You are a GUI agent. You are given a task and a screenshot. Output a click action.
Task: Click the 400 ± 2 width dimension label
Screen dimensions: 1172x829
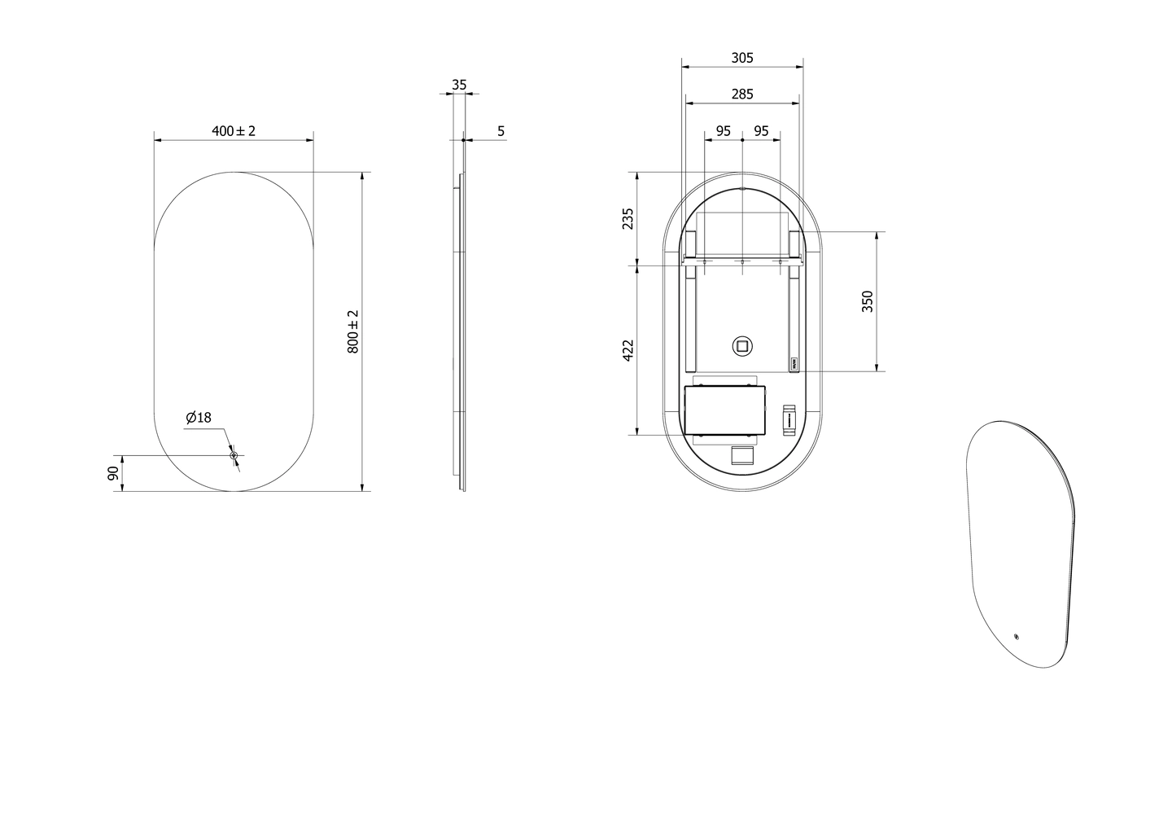(234, 131)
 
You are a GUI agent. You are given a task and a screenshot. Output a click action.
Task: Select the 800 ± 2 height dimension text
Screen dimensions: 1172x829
(353, 331)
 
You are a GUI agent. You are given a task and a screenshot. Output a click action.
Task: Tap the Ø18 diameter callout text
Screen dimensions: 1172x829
(199, 417)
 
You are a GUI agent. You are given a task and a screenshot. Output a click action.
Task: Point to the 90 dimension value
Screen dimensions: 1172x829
(113, 473)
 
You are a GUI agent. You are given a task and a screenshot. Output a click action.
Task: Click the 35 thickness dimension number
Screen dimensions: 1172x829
(459, 85)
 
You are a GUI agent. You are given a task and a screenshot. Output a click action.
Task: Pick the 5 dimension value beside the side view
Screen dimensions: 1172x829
(501, 131)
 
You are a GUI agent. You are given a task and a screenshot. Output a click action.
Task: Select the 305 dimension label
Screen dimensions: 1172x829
(742, 58)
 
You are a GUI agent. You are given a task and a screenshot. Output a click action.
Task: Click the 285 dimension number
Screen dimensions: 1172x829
(742, 94)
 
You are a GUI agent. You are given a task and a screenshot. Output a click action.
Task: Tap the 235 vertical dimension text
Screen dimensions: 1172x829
(628, 219)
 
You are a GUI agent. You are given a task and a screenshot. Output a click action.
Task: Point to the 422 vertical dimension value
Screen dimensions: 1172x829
(628, 350)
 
